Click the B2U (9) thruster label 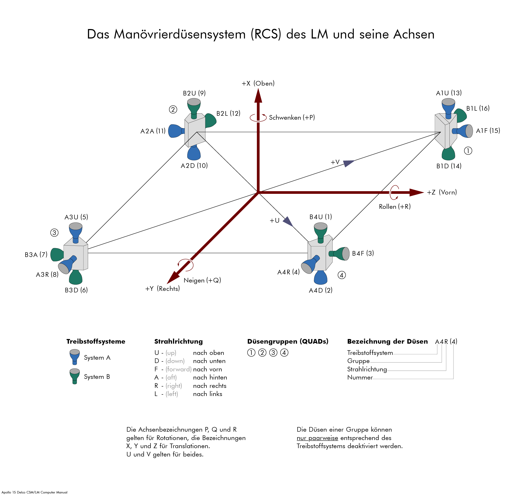194,93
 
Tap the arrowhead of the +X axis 258,95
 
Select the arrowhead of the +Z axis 417,192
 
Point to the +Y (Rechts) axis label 162,289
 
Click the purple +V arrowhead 349,163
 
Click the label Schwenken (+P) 292,117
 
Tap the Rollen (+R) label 395,207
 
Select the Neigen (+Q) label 202,280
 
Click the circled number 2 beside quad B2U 173,110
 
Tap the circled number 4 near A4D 342,275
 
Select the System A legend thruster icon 75,357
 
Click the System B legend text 97,377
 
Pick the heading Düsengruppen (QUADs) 288,341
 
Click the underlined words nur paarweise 317,438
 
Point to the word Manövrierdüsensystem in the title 180,34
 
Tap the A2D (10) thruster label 194,166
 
